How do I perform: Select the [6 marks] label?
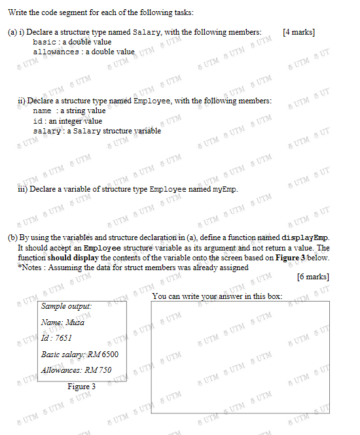tap(313, 277)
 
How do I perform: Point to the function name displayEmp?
tap(305, 237)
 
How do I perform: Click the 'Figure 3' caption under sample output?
tap(82, 387)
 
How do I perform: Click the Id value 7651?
tap(61, 338)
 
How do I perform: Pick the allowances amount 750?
tap(103, 370)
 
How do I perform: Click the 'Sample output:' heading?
tap(66, 305)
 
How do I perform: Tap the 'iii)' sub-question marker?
tap(22, 190)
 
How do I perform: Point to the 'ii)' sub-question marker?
tap(22, 101)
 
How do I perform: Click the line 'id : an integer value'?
tap(67, 121)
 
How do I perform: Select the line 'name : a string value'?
tap(69, 111)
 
